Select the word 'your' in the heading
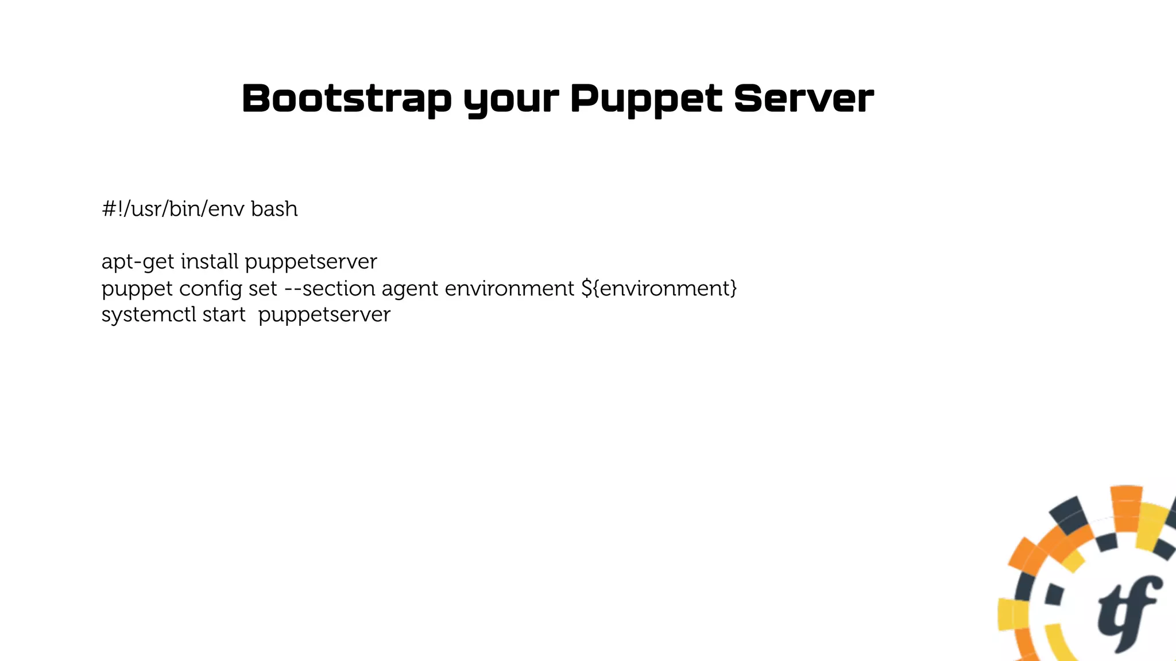[510, 100]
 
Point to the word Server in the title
[803, 98]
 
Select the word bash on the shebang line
[274, 209]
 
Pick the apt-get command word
[137, 262]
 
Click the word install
[209, 262]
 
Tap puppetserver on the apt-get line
[311, 262]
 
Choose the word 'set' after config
[262, 288]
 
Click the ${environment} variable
[659, 288]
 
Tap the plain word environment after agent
[509, 288]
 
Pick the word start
[224, 314]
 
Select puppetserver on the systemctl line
[324, 315]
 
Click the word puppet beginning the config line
[137, 289]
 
